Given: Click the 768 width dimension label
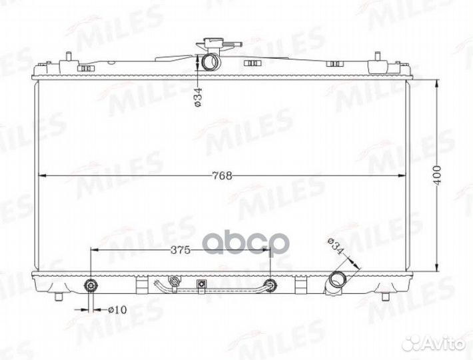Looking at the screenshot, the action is pyautogui.click(x=222, y=175).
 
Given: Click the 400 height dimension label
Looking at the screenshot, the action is pyautogui.click(x=438, y=175).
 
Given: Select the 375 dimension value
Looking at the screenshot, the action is pyautogui.click(x=181, y=250).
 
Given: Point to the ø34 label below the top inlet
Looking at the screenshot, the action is pyautogui.click(x=198, y=97).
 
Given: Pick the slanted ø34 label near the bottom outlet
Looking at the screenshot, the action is pyautogui.click(x=336, y=247).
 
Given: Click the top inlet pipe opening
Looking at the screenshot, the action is pyautogui.click(x=210, y=61).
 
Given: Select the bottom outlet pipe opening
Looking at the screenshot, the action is pyautogui.click(x=336, y=279).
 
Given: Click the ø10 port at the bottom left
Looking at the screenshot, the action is pyautogui.click(x=91, y=285).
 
